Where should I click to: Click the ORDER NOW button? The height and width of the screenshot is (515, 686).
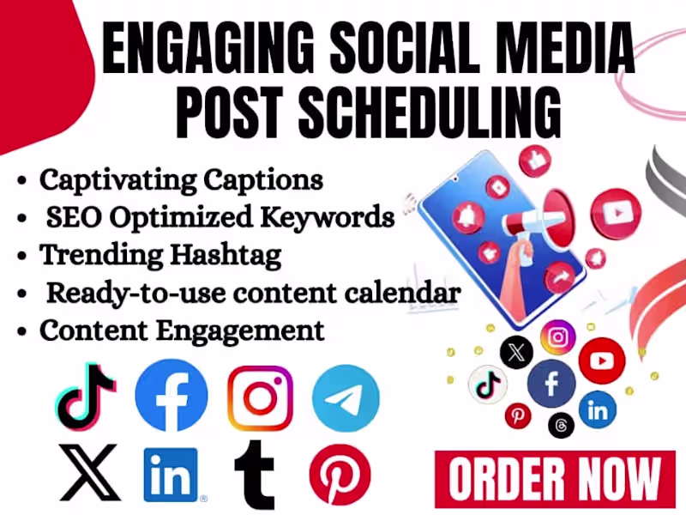(x=554, y=479)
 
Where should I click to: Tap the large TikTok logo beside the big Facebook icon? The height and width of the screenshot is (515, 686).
(x=86, y=397)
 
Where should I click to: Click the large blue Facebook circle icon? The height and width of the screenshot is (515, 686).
(x=171, y=397)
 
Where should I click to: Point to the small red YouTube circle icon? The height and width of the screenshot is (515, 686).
(x=602, y=360)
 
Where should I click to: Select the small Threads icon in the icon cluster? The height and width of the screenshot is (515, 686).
(x=562, y=425)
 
